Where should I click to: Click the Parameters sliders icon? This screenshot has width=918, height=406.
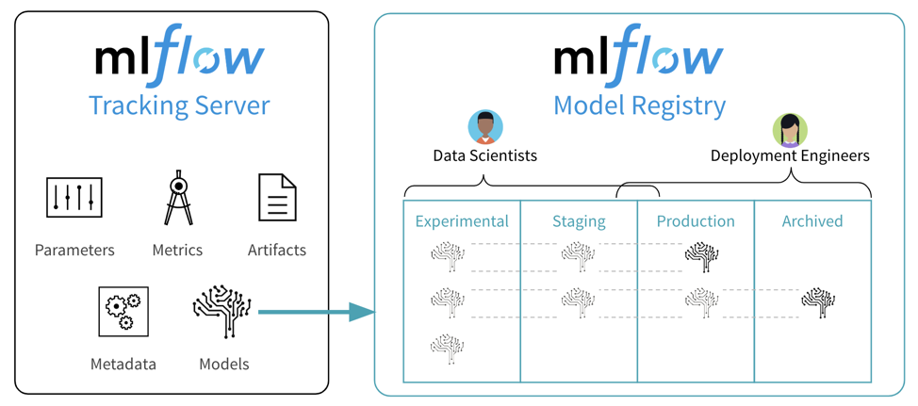tap(74, 198)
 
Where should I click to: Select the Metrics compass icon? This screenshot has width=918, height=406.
tap(178, 198)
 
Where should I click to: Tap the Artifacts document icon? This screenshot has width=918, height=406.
tap(277, 198)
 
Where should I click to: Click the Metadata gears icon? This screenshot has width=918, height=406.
tap(123, 312)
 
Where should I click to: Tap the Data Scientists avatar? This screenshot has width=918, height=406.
tap(485, 127)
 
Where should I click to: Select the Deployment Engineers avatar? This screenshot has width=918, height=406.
tap(790, 130)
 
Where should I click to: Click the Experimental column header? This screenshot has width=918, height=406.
tap(462, 221)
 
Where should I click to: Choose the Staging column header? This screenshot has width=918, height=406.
tap(579, 221)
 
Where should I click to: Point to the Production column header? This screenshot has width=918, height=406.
tap(696, 221)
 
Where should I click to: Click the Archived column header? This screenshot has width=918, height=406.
tap(812, 221)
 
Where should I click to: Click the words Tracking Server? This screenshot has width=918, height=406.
tap(179, 106)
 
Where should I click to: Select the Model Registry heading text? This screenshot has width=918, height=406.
tap(639, 106)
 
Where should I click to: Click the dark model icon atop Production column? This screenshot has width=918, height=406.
tap(702, 255)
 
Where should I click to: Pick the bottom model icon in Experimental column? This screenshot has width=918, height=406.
tap(448, 348)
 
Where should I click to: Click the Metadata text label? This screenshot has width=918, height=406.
tap(123, 364)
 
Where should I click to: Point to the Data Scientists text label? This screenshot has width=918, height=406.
tap(484, 155)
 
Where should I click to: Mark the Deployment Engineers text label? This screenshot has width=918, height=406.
tap(790, 155)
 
